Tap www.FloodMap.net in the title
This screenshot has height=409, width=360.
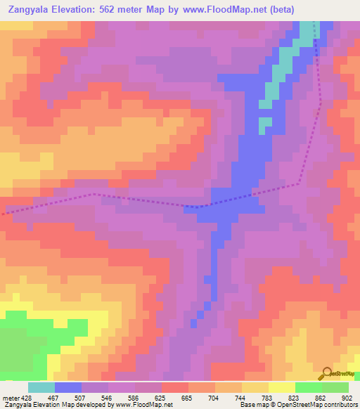click(224, 9)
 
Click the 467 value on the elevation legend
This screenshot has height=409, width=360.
click(54, 398)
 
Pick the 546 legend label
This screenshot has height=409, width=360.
click(109, 398)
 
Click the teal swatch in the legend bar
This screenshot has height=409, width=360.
click(41, 387)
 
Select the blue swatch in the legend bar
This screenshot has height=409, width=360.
click(68, 387)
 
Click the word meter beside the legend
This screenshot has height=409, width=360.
click(10, 398)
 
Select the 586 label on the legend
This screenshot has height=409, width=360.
click(136, 398)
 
